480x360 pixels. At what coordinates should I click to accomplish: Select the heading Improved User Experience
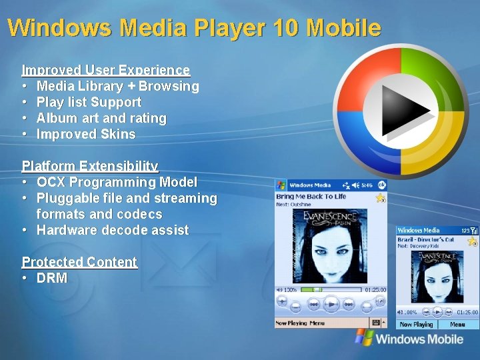pos(106,70)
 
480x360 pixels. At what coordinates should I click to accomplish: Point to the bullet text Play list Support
pos(89,102)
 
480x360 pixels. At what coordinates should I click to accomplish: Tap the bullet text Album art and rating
pos(101,118)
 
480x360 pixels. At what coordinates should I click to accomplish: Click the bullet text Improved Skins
pos(86,134)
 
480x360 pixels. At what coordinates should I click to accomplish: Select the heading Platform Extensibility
pos(90,166)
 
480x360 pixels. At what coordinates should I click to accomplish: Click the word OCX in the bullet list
pos(51,182)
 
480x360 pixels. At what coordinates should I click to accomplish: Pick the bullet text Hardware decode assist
pos(112,230)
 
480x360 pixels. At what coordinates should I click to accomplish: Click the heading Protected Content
pos(79,262)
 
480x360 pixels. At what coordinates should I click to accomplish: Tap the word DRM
pos(52,278)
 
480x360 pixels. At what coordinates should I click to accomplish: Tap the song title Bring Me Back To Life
pos(311,197)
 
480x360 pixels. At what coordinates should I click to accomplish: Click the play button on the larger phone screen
pos(331,305)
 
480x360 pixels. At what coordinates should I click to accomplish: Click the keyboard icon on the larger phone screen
pos(375,323)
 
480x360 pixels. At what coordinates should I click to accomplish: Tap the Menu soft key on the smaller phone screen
pos(457,325)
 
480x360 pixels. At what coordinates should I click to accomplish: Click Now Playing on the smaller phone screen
pos(416,325)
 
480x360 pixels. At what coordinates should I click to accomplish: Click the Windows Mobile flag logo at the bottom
pos(364,337)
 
